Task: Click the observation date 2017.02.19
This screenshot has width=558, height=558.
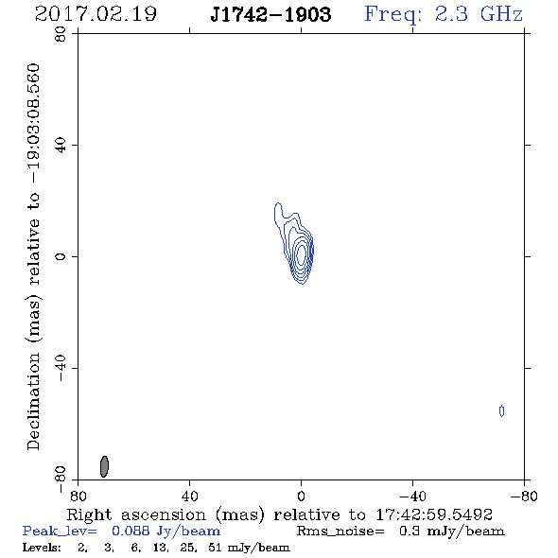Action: (x=96, y=14)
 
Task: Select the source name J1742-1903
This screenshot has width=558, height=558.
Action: (x=270, y=14)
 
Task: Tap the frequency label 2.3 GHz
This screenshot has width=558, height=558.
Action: (x=479, y=14)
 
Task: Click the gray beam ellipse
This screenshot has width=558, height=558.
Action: (x=104, y=466)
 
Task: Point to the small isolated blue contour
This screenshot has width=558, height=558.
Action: (x=502, y=411)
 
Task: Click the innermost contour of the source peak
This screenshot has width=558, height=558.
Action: (x=302, y=254)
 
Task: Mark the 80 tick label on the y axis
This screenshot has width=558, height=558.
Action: (x=61, y=34)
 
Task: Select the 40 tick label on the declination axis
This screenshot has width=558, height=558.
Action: (x=61, y=146)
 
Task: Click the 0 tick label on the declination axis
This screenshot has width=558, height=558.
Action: (x=61, y=256)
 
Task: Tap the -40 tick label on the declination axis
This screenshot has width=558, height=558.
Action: (x=61, y=368)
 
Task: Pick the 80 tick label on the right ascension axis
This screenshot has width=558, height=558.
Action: (x=78, y=496)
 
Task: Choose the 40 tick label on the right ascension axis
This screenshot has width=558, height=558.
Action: (x=189, y=496)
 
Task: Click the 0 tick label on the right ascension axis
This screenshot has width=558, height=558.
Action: (x=301, y=496)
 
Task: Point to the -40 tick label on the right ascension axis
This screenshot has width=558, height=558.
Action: (x=412, y=496)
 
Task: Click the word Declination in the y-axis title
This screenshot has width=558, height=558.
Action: (x=33, y=401)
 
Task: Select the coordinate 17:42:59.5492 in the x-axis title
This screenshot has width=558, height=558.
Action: (x=434, y=514)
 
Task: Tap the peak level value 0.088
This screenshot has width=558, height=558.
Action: (x=131, y=531)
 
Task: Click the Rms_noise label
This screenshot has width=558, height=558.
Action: (x=340, y=532)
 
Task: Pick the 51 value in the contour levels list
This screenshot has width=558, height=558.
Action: (x=215, y=548)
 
